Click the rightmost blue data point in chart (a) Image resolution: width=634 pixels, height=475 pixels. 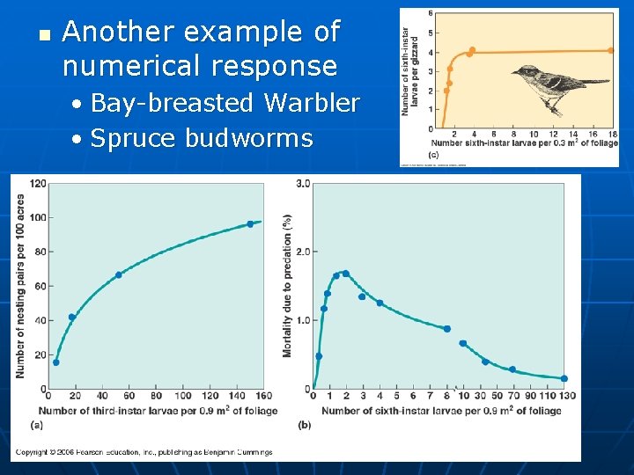click(x=250, y=223)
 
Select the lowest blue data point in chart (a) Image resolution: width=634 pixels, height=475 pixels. click(x=56, y=362)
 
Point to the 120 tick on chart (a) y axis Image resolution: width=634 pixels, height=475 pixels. click(x=37, y=184)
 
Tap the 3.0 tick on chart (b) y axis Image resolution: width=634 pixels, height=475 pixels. click(x=303, y=183)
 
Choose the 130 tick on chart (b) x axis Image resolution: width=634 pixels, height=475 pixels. click(x=567, y=398)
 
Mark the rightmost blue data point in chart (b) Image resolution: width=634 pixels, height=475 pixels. click(x=564, y=378)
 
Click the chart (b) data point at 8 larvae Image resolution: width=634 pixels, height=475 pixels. click(x=447, y=329)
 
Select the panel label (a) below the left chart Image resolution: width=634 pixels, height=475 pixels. click(x=36, y=424)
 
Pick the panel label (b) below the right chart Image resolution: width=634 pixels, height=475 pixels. click(x=305, y=424)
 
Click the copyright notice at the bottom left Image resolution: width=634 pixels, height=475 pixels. click(x=144, y=452)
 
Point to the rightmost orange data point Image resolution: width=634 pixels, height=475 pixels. click(x=611, y=50)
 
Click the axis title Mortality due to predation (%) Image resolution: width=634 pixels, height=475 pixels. click(x=287, y=286)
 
